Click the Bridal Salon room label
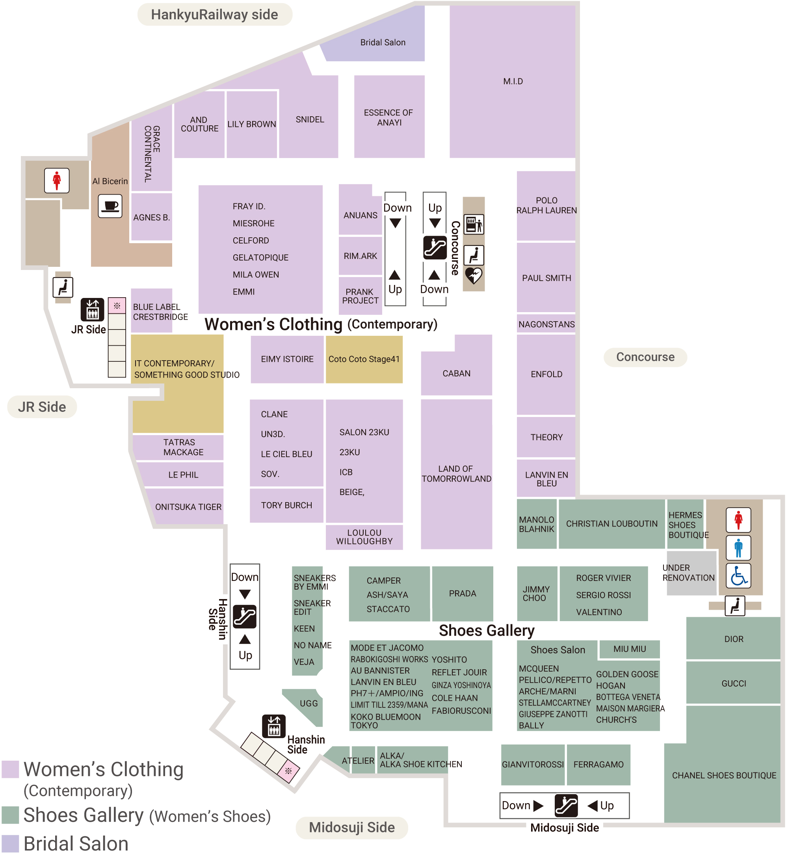[x=383, y=42]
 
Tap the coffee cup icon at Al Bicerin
[x=110, y=206]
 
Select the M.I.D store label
[x=513, y=81]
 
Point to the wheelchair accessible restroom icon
[x=738, y=576]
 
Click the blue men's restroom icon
[x=738, y=548]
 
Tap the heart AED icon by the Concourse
[x=473, y=276]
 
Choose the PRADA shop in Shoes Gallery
[x=462, y=593]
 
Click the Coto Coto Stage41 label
[x=364, y=359]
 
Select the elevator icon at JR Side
[x=92, y=310]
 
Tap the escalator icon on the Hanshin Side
[x=245, y=616]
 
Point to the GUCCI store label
[x=733, y=683]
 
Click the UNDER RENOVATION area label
[x=688, y=573]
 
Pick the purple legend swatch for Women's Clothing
[x=10, y=769]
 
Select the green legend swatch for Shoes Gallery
[x=10, y=815]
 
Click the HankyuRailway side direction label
[x=214, y=15]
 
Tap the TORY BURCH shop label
[x=286, y=505]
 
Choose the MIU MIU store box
[x=629, y=649]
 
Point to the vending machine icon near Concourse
[x=473, y=224]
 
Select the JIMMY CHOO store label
[x=536, y=593]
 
